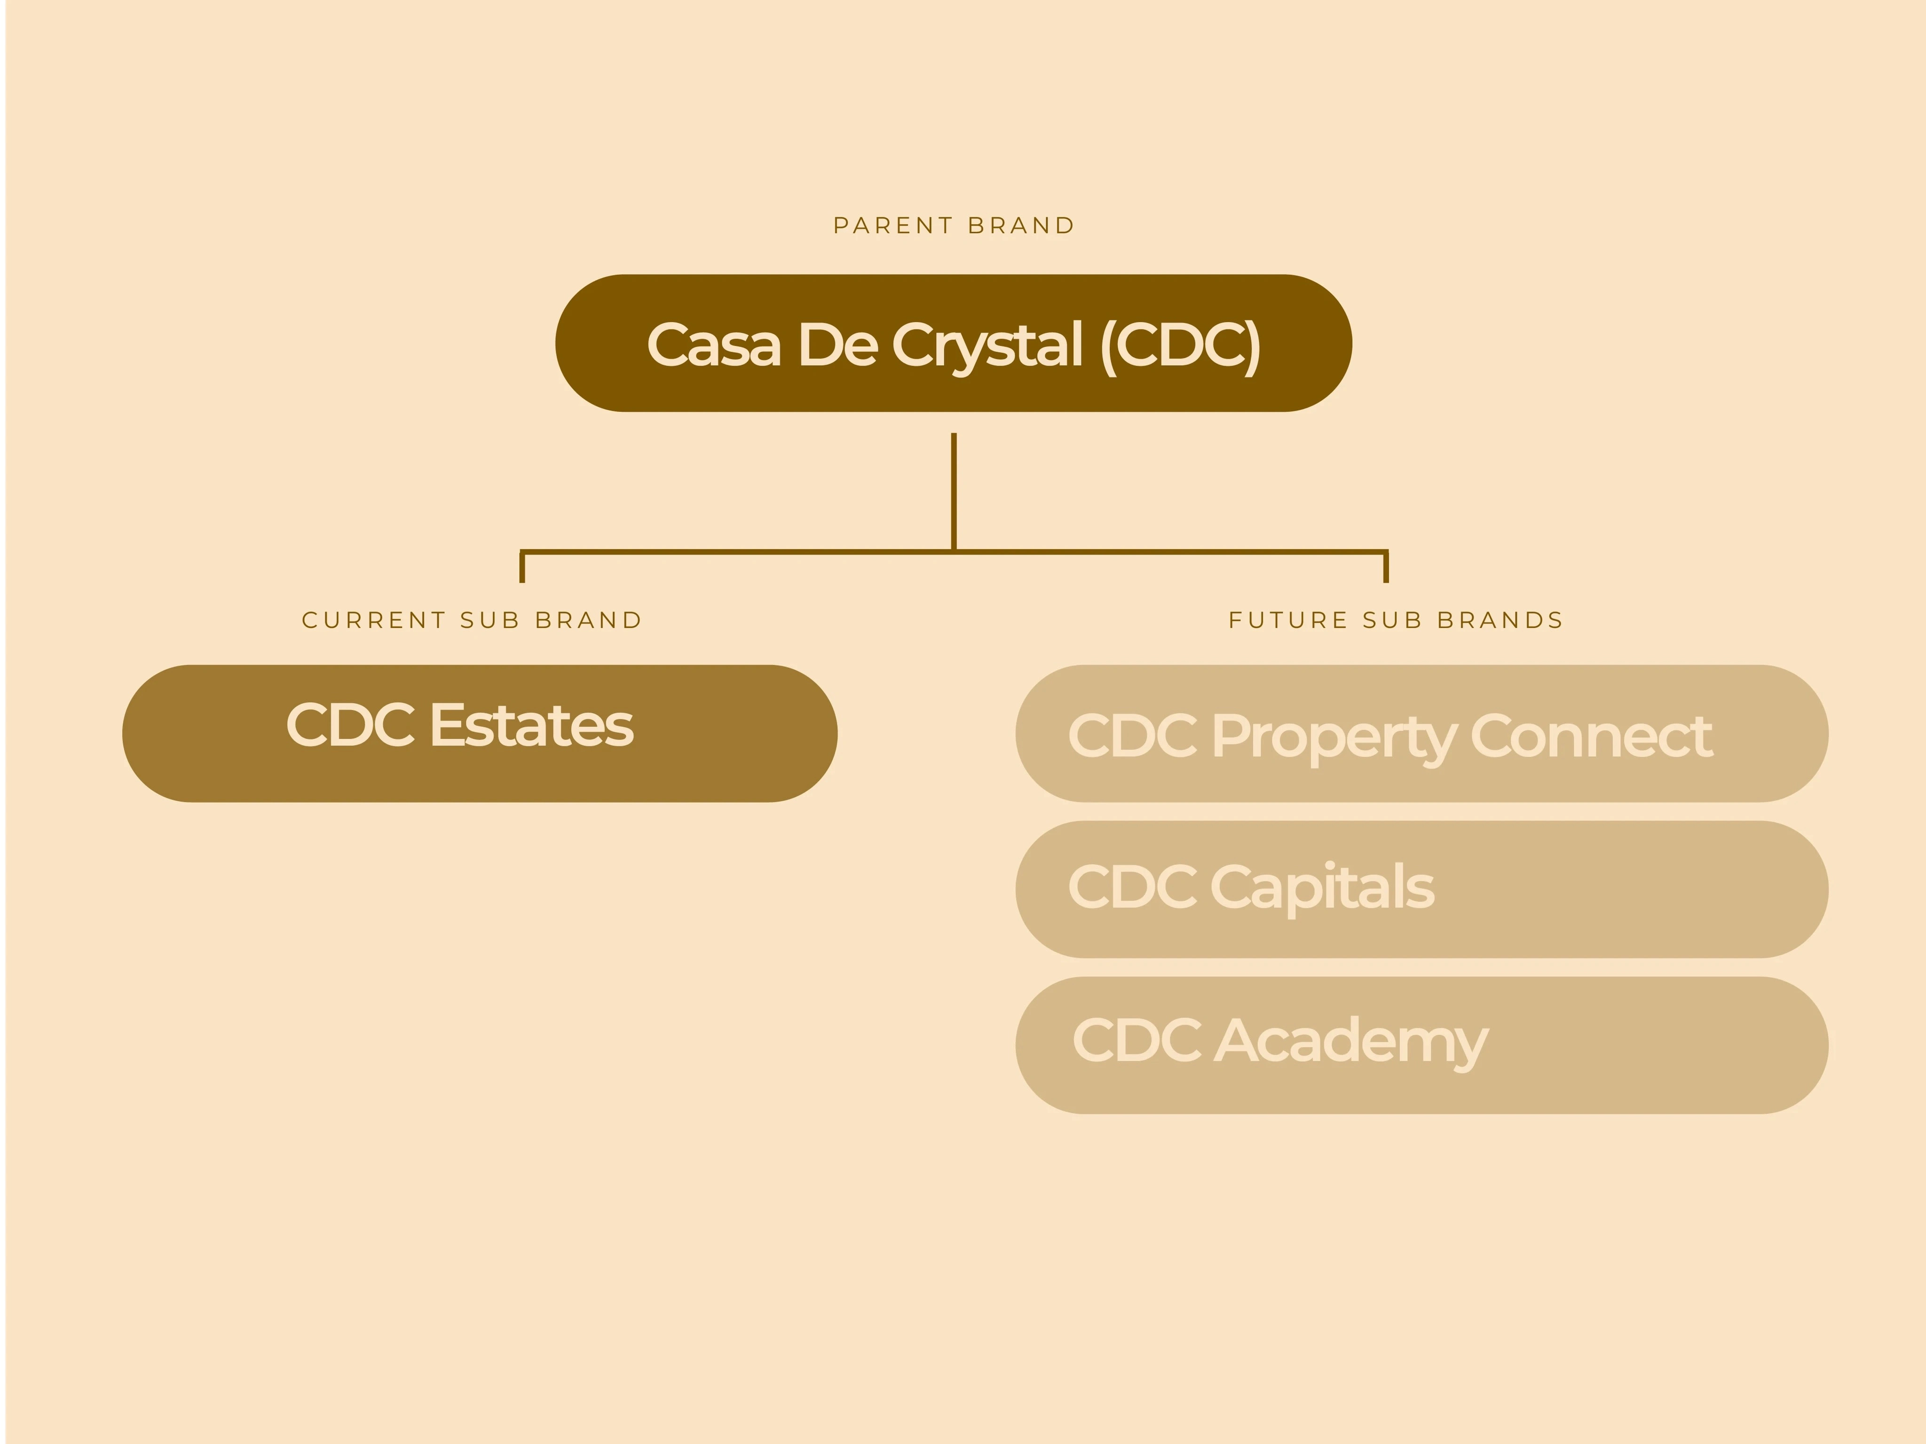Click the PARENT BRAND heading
(954, 226)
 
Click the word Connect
(1592, 737)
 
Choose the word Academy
(1351, 1042)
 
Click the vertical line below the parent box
(954, 492)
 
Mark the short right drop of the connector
(1386, 566)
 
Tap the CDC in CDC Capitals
(1132, 887)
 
